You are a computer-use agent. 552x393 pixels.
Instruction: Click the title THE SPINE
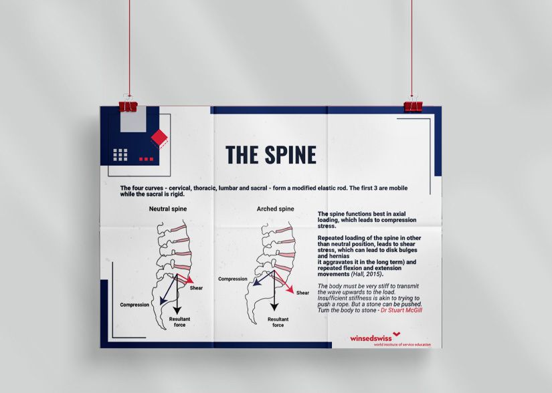coord(271,154)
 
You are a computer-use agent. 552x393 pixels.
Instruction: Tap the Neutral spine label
coord(168,209)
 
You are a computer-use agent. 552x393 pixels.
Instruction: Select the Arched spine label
coord(275,209)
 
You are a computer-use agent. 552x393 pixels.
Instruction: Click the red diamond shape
coord(159,137)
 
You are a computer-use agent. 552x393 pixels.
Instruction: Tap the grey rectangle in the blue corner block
coord(133,119)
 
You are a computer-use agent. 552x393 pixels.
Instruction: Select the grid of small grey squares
coord(120,154)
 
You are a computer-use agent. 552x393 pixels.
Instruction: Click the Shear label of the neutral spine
coord(196,288)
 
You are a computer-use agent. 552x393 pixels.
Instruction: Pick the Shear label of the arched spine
coord(302,293)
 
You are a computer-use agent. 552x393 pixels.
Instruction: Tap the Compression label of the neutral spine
coord(134,305)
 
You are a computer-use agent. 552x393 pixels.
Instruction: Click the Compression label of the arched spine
coord(233,279)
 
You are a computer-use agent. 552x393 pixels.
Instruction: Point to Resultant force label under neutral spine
coord(179,322)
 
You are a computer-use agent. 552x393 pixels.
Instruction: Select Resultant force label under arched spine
coord(278,322)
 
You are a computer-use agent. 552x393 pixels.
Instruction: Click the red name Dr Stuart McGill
coord(401,310)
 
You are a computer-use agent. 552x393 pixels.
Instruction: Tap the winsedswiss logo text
coord(371,338)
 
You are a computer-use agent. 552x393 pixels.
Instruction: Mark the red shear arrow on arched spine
coord(284,282)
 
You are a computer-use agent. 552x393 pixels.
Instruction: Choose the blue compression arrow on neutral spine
coord(169,289)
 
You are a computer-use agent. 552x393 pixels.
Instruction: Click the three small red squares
coord(146,159)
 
